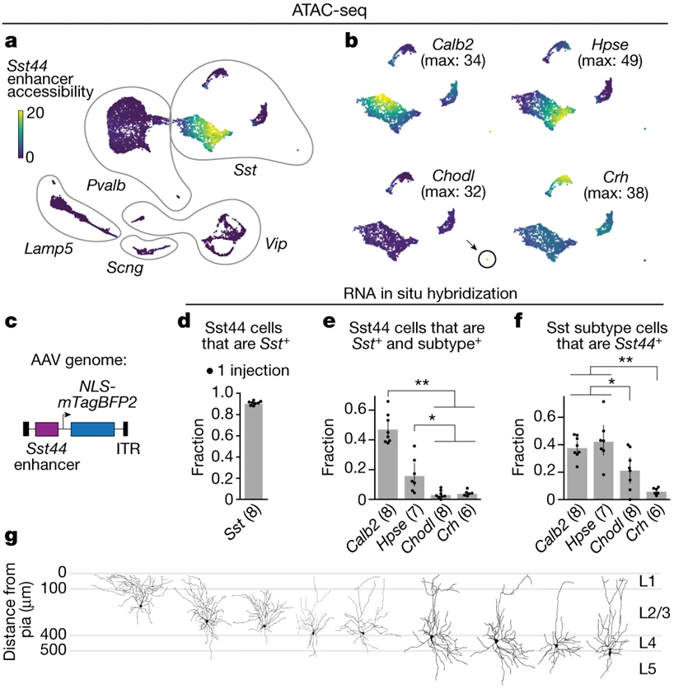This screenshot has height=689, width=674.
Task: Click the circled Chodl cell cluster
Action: tap(487, 259)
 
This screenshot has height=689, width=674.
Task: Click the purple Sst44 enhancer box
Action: tap(47, 429)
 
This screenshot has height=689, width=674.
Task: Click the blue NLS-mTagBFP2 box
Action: tap(92, 429)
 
